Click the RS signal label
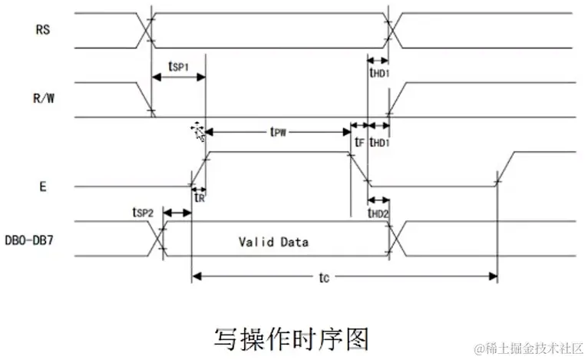pyautogui.click(x=44, y=31)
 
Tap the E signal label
pyautogui.click(x=45, y=186)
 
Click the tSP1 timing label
pyautogui.click(x=180, y=66)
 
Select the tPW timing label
pyautogui.click(x=279, y=132)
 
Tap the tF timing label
pyautogui.click(x=358, y=142)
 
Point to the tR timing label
pyautogui.click(x=199, y=197)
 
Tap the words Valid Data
pyautogui.click(x=273, y=242)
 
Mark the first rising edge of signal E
pyautogui.click(x=199, y=168)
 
